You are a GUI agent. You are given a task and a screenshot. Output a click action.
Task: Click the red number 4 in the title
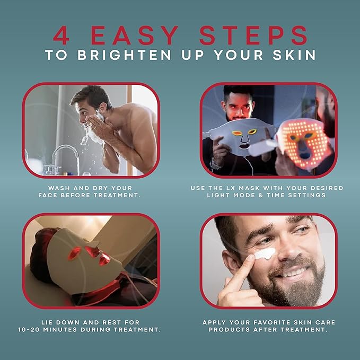pyautogui.click(x=61, y=35)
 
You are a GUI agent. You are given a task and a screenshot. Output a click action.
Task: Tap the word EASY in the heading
pyautogui.click(x=134, y=35)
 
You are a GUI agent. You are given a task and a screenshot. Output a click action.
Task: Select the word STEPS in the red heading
pyautogui.click(x=253, y=35)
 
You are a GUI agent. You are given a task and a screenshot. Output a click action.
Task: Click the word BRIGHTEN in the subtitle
pyautogui.click(x=125, y=55)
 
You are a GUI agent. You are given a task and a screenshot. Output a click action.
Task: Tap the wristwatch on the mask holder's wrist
pyautogui.click(x=215, y=164)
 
